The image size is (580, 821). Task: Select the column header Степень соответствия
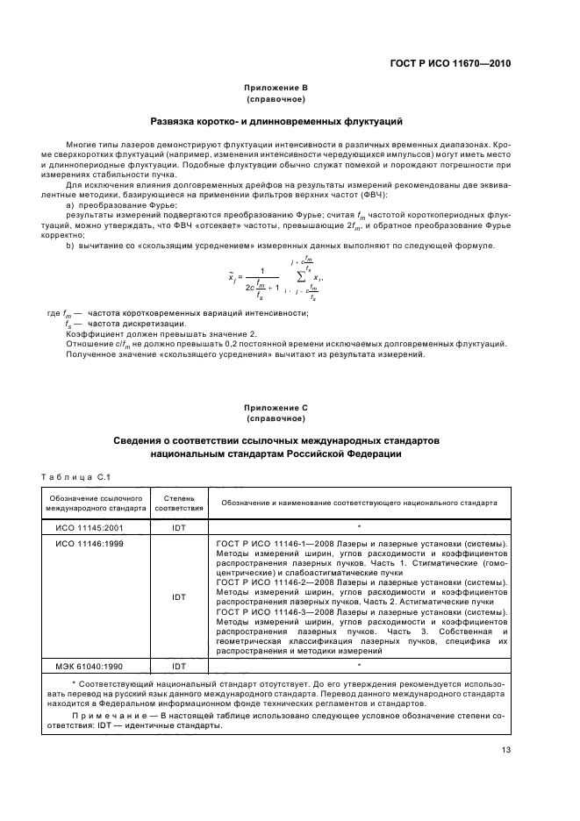(x=179, y=503)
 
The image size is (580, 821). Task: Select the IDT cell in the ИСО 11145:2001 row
(x=179, y=528)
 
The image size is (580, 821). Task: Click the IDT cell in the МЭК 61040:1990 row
(x=179, y=666)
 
